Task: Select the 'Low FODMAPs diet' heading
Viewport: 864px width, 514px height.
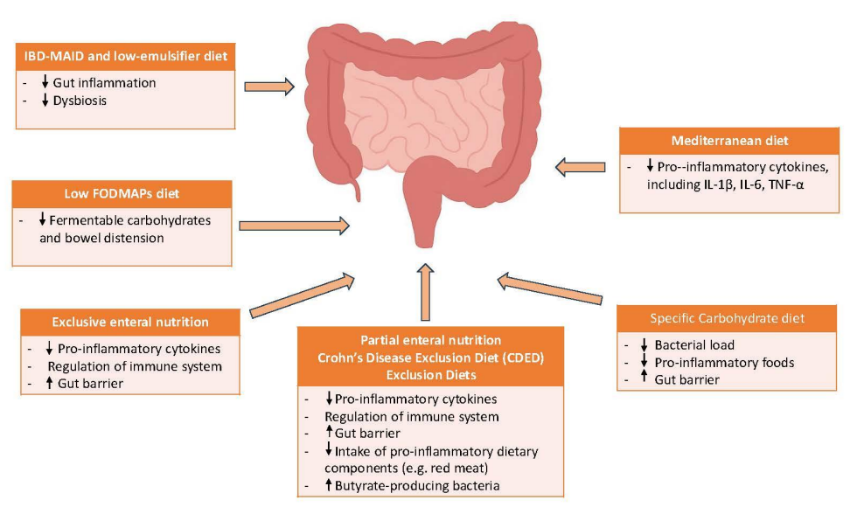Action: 122,193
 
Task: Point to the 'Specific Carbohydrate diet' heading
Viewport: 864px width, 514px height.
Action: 728,317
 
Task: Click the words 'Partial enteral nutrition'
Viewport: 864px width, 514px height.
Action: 430,339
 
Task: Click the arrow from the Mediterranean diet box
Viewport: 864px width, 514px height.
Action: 581,164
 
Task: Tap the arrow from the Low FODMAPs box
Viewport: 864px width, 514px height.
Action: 294,226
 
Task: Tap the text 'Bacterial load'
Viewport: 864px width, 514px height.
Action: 694,345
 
